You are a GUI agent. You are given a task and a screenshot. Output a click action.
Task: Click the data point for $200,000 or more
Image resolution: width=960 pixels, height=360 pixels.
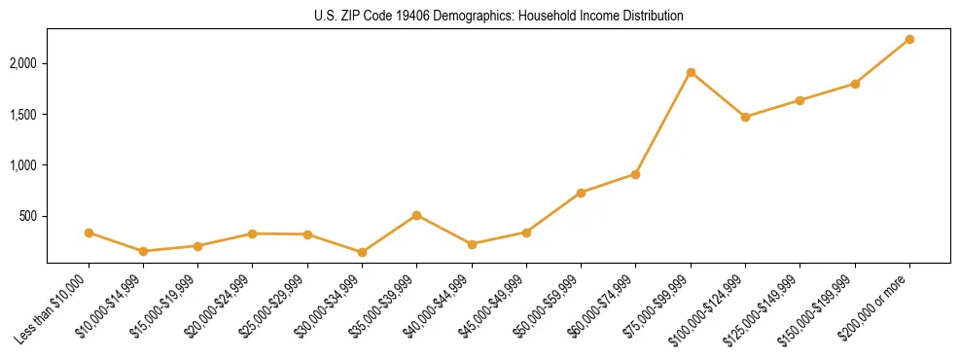click(909, 39)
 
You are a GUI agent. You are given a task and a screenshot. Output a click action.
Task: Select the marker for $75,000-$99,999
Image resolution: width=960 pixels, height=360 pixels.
click(691, 72)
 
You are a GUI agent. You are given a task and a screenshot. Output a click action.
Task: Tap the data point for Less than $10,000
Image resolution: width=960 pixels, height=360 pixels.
click(89, 233)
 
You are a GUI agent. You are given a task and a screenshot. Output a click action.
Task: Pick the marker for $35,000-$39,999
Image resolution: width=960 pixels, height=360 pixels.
click(416, 215)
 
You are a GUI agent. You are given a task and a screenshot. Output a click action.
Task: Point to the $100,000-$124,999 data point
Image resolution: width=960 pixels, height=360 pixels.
click(745, 117)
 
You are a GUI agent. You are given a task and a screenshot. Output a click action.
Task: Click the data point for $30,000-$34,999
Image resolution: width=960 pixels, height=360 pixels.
click(362, 252)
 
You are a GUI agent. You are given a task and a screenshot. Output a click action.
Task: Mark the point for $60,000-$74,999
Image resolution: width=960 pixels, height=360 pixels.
click(635, 174)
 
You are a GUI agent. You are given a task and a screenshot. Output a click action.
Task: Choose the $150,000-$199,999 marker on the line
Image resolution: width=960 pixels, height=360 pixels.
click(855, 84)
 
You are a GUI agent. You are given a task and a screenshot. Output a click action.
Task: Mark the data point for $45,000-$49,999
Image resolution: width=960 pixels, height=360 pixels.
click(526, 233)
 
